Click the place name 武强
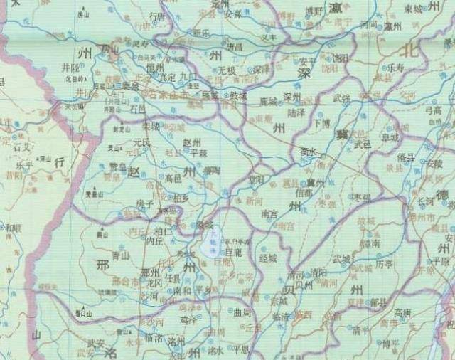pos(342,97)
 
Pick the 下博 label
pos(322,122)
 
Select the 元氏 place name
pos(142,142)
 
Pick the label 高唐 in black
pos(402,312)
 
